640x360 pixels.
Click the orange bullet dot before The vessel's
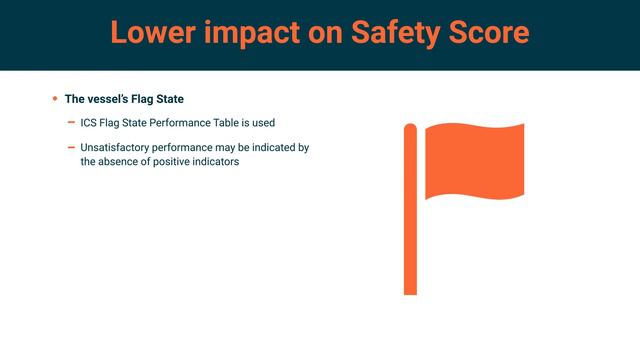55,99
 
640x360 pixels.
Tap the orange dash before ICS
71,123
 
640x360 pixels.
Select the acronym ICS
89,123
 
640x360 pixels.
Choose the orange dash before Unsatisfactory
71,147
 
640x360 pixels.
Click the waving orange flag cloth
474,160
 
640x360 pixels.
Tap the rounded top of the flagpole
410,127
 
